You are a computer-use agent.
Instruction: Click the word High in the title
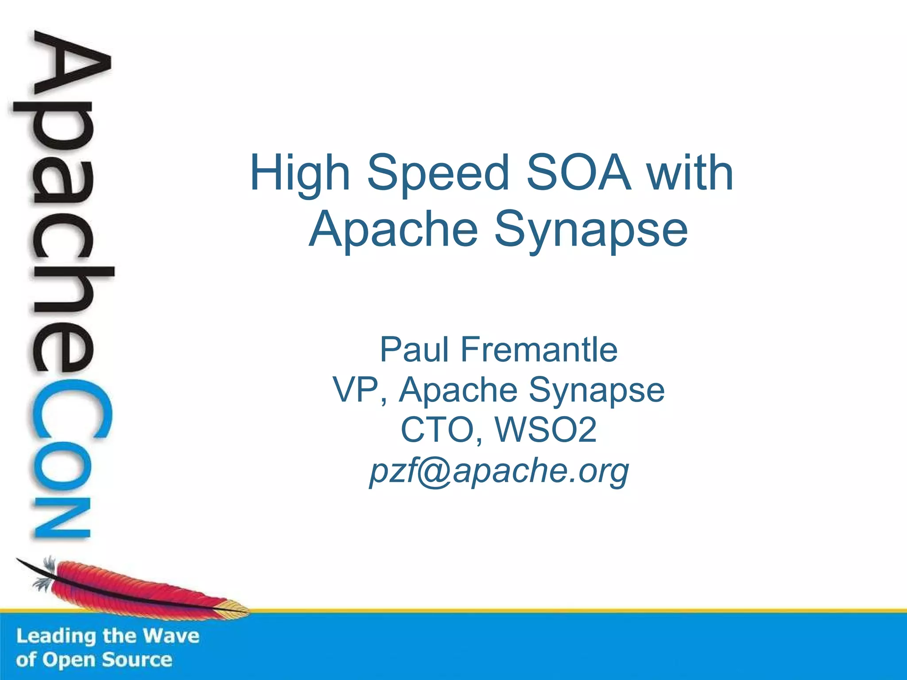pyautogui.click(x=300, y=174)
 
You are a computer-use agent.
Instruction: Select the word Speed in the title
pyautogui.click(x=438, y=174)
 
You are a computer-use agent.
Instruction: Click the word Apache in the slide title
pyautogui.click(x=393, y=229)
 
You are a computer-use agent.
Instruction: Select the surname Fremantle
pyautogui.click(x=539, y=350)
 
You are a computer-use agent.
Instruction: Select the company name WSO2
pyautogui.click(x=546, y=429)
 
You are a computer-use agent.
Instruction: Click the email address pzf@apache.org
pyautogui.click(x=499, y=471)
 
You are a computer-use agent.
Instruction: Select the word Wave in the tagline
pyautogui.click(x=171, y=636)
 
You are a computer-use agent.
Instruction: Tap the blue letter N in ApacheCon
pyautogui.click(x=62, y=518)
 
